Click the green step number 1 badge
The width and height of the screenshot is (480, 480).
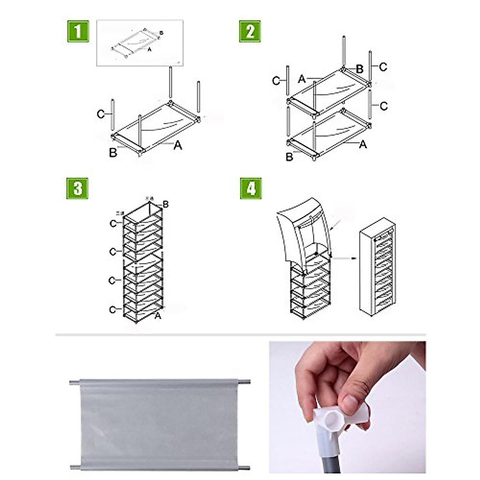77,31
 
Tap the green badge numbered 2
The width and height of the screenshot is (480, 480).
250,31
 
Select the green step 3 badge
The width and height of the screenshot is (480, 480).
77,188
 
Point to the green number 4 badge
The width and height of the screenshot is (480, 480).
251,188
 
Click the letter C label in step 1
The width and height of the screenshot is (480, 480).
101,115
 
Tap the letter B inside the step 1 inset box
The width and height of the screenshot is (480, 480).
161,33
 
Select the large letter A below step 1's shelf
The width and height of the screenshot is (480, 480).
178,146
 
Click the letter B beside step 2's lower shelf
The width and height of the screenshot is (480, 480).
290,157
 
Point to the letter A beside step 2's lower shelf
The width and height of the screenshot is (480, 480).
362,144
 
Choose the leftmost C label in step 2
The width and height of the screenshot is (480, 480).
276,81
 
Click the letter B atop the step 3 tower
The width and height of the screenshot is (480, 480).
166,205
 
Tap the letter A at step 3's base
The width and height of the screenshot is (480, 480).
158,316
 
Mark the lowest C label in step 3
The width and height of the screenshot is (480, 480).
113,310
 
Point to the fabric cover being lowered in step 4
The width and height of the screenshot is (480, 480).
304,228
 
